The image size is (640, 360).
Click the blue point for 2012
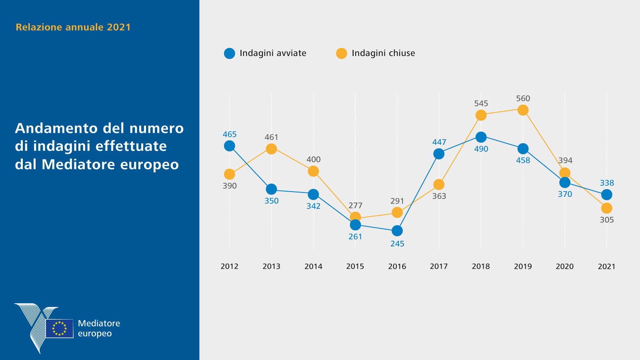click(230, 146)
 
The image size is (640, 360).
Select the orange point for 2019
click(523, 110)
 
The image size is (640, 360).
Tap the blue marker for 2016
click(397, 231)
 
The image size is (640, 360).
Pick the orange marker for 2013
click(271, 149)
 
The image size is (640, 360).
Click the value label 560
click(523, 98)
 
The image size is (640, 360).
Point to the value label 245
click(397, 244)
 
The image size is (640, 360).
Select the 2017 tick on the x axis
click(439, 266)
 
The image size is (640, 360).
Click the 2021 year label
click(606, 266)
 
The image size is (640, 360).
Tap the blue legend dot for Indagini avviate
click(230, 54)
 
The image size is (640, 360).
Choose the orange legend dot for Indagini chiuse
click(342, 54)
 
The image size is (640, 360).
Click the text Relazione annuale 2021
click(73, 27)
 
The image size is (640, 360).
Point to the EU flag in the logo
click(60, 328)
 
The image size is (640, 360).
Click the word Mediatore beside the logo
click(99, 323)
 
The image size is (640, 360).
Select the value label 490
click(481, 149)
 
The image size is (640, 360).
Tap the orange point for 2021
click(607, 208)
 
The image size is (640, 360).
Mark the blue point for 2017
click(439, 154)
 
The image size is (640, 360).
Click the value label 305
click(607, 220)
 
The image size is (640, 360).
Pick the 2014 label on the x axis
click(313, 266)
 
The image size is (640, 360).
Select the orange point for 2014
click(313, 171)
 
